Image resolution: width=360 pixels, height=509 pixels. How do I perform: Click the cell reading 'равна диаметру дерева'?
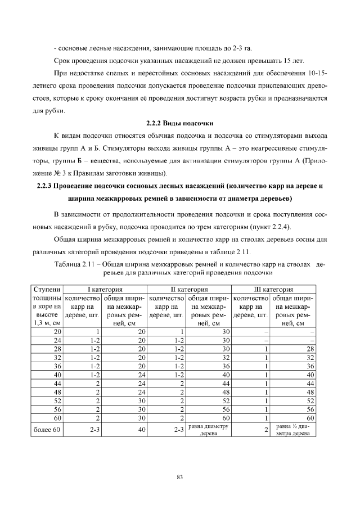pos(209,430)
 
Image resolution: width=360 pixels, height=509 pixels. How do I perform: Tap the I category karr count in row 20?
pos(98,332)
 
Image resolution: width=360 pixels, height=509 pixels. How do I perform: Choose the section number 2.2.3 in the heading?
pos(45,185)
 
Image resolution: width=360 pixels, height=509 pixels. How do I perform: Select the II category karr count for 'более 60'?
pos(179,430)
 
